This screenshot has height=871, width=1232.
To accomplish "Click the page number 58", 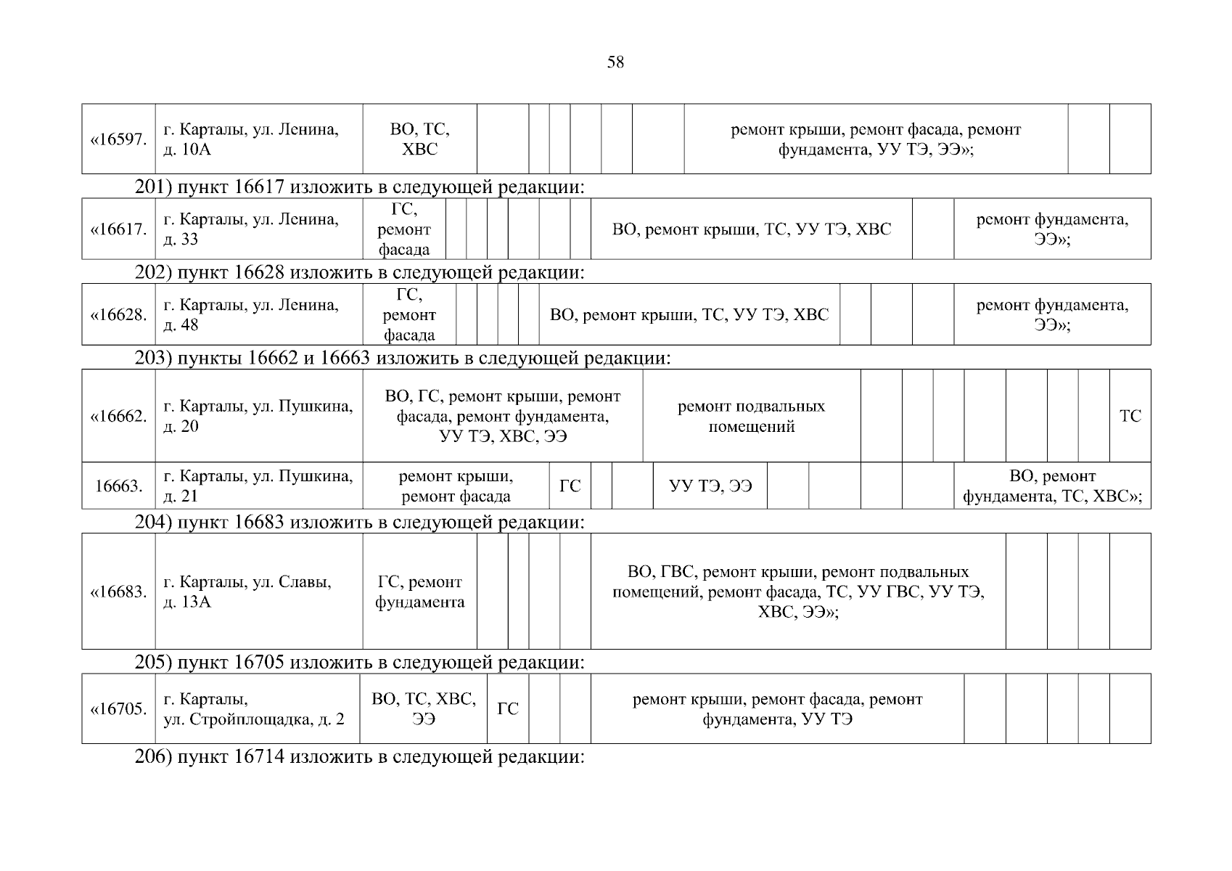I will pos(615,62).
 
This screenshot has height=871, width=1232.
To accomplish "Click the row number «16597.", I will pos(118,139).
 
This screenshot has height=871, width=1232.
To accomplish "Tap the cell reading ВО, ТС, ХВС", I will pos(419,139).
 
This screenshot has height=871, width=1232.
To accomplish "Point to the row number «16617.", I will pos(118,229).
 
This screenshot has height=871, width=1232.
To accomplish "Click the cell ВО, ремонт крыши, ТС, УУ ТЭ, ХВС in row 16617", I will pos(751,229).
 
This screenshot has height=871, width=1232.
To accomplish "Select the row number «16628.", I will pos(118,315).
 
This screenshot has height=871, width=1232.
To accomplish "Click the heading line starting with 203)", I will pos(403,358).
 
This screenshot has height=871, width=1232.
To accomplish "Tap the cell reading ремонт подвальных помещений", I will pos(751,416).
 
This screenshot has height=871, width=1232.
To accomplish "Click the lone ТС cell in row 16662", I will pos(1130,416).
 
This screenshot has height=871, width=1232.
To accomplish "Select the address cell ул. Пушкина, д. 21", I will pos(258,486).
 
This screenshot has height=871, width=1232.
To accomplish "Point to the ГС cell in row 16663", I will pos(570,486).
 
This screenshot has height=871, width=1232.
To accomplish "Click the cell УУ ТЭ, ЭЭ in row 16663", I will pos(710,486).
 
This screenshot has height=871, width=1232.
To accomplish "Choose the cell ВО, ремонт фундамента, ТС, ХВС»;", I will pos(1052,486).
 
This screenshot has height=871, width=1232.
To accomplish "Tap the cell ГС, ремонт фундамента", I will pos(419,592).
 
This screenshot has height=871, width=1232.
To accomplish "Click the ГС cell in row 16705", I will pos(508,709).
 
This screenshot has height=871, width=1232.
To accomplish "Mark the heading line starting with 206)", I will pos(360,757).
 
